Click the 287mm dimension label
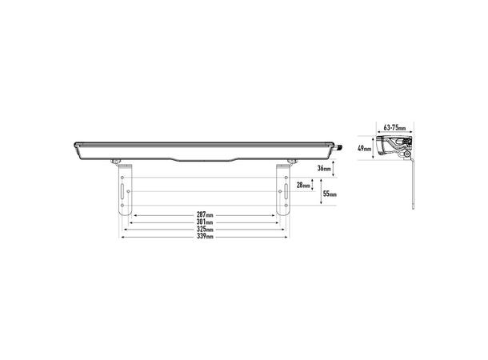click(x=205, y=215)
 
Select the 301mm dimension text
click(x=205, y=222)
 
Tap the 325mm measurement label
click(x=205, y=230)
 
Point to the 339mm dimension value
click(x=205, y=237)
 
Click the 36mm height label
click(x=323, y=168)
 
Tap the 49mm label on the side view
click(x=364, y=148)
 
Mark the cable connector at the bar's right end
click(x=338, y=146)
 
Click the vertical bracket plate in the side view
click(x=412, y=184)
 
